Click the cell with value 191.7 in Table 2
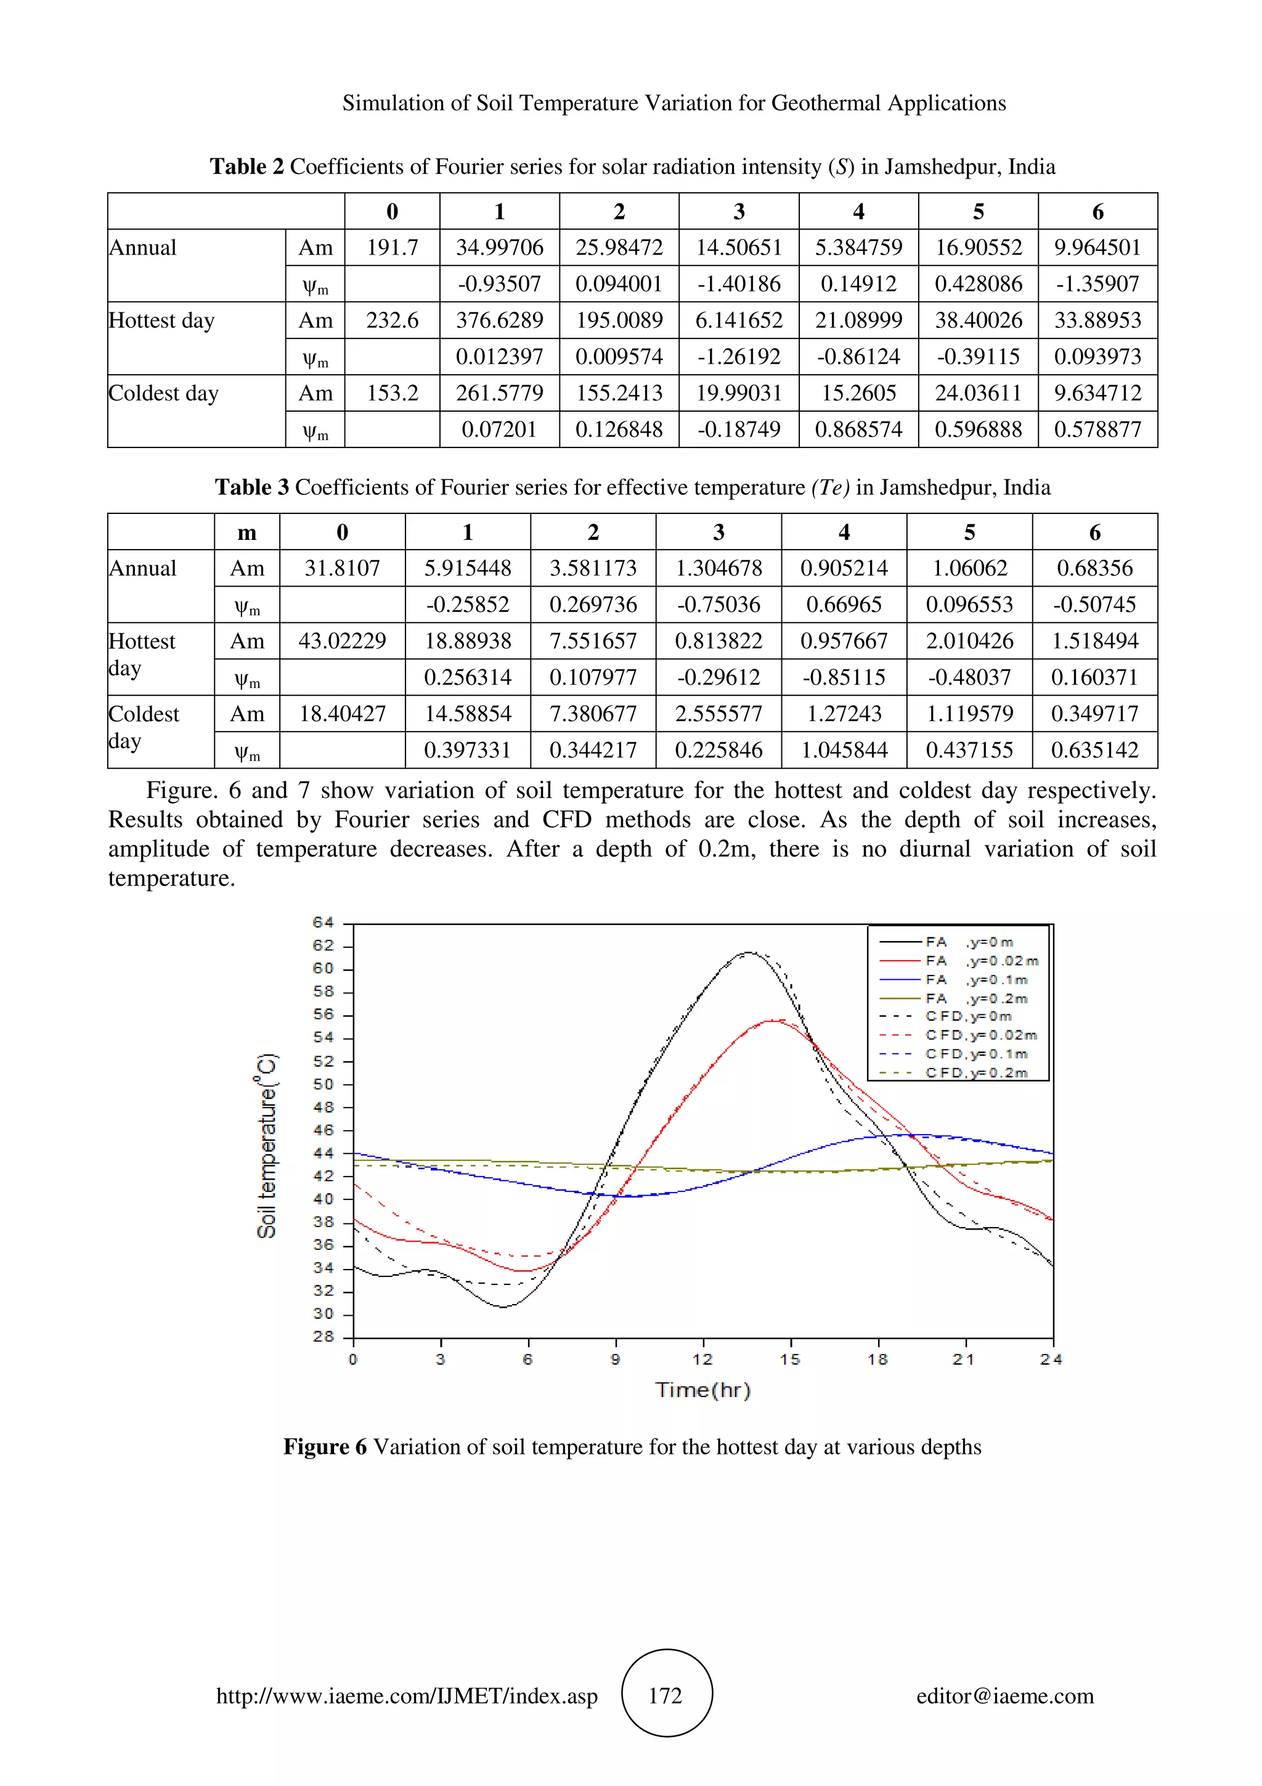392,247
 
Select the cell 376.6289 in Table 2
499,320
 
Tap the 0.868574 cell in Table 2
858,430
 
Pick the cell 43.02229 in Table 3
342,641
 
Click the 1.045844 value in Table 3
844,750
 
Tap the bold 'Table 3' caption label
252,487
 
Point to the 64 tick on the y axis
324,923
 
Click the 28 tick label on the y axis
324,1336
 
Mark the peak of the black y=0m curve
748,952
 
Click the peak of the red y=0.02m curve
771,1020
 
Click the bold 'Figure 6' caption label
325,1447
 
